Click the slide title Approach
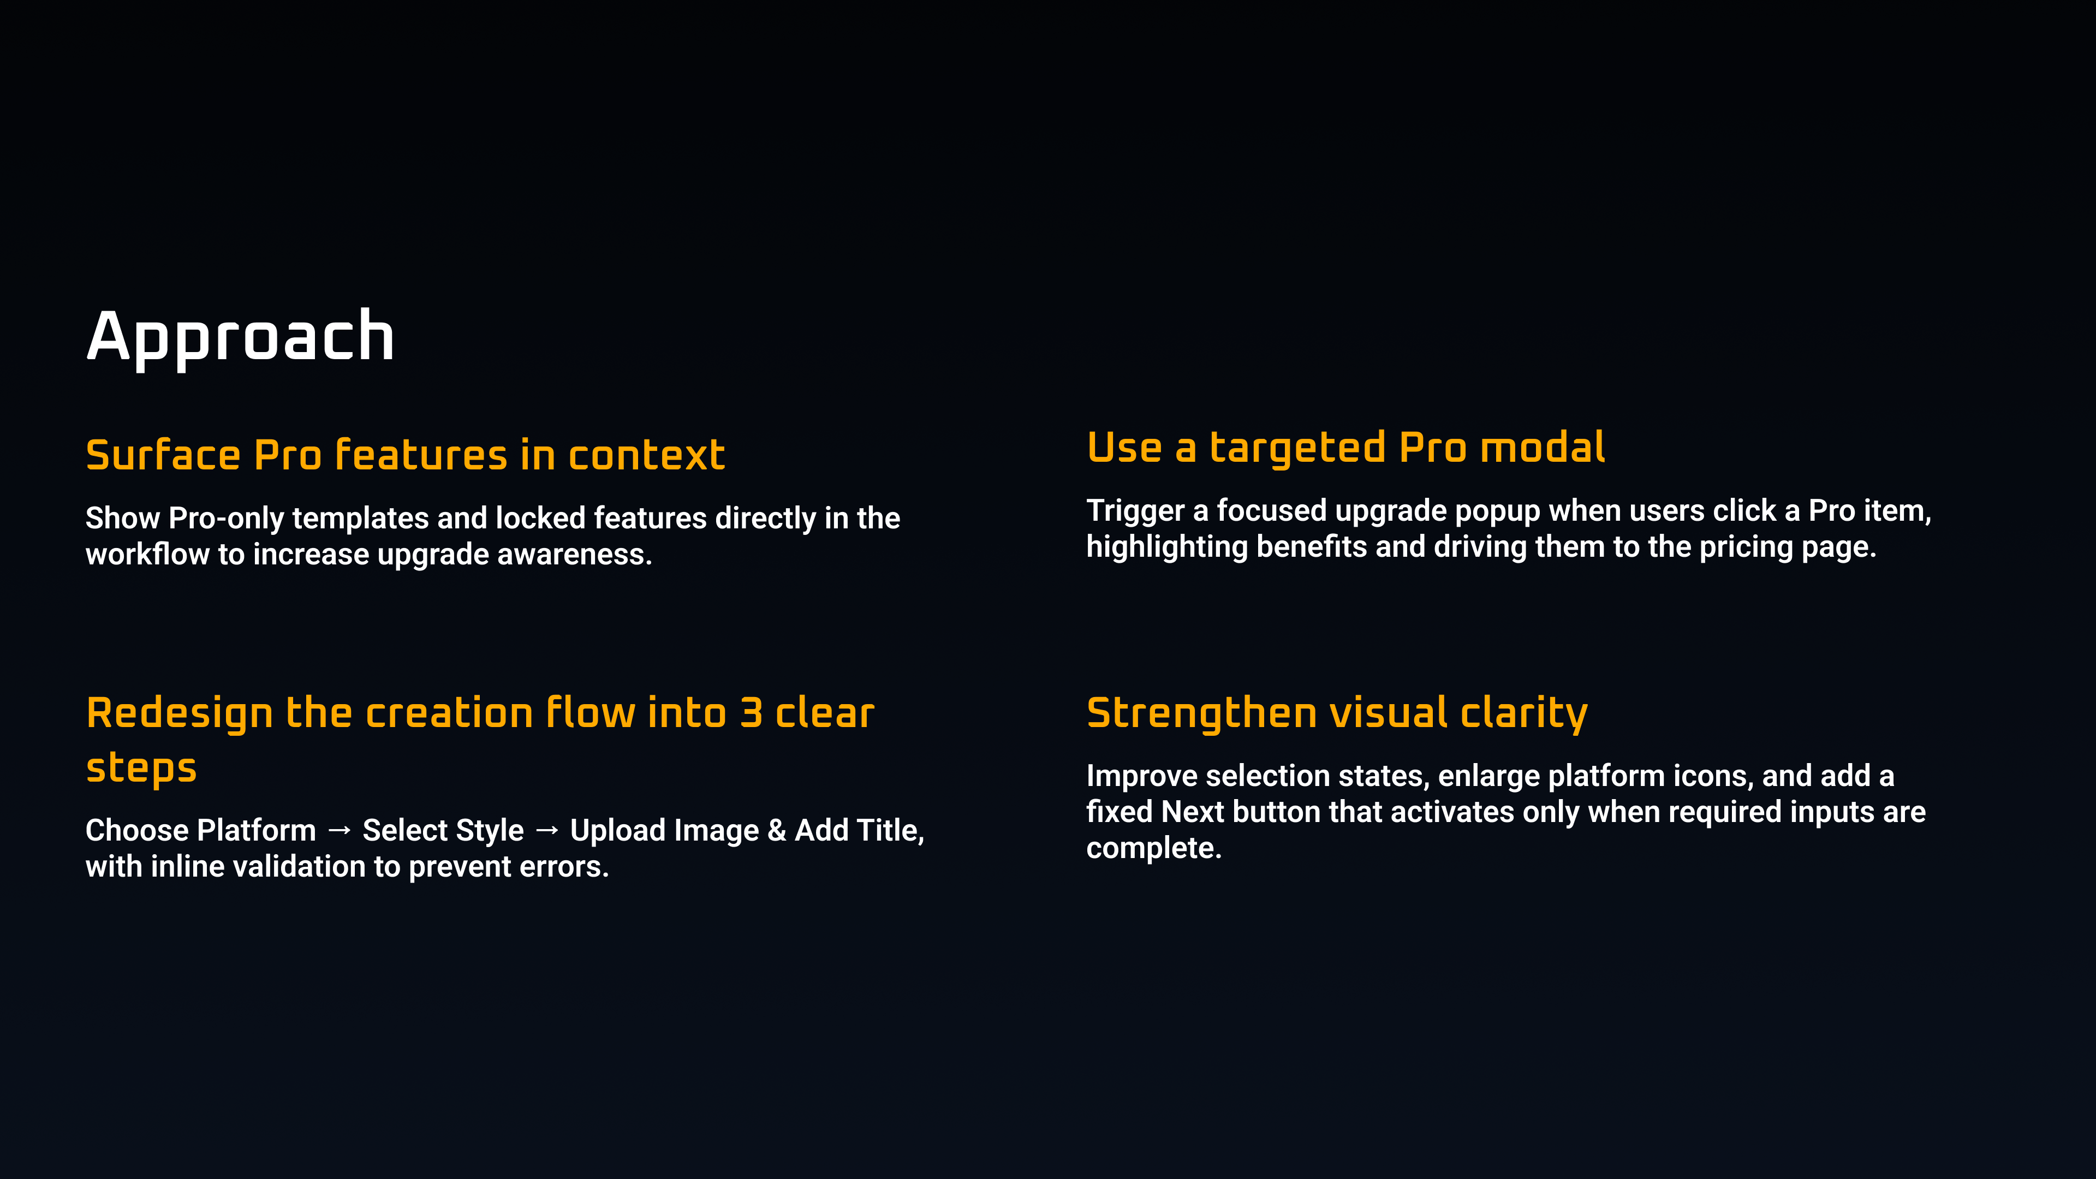(240, 336)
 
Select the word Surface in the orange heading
(163, 454)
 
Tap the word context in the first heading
(646, 455)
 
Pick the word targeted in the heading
(1297, 448)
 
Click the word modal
(1543, 448)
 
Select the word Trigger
(1135, 511)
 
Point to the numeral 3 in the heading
(751, 713)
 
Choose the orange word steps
(141, 768)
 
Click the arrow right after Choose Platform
(340, 830)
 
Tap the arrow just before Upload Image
(547, 830)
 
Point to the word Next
(1193, 812)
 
